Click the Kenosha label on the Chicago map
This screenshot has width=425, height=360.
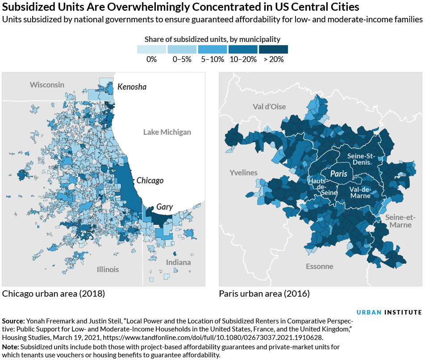(x=132, y=87)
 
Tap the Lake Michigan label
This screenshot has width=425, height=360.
(x=167, y=132)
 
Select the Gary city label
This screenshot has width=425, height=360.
(x=164, y=207)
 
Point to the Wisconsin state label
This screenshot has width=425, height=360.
(x=47, y=85)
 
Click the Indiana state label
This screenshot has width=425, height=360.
(x=178, y=262)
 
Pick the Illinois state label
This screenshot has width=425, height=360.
(x=108, y=269)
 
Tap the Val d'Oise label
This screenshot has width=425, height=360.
(x=269, y=107)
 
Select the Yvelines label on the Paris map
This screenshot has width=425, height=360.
(x=243, y=173)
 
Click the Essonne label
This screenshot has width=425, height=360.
(x=319, y=266)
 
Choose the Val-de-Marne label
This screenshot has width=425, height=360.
(x=360, y=192)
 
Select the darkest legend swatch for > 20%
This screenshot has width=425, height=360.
(x=273, y=49)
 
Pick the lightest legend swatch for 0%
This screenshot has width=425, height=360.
(x=151, y=49)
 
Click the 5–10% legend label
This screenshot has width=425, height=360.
(x=212, y=59)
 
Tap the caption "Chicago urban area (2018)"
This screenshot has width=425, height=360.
(x=53, y=294)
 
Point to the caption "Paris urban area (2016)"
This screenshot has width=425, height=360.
(x=264, y=294)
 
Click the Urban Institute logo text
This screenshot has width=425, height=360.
(x=389, y=312)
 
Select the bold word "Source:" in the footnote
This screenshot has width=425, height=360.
(x=13, y=321)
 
